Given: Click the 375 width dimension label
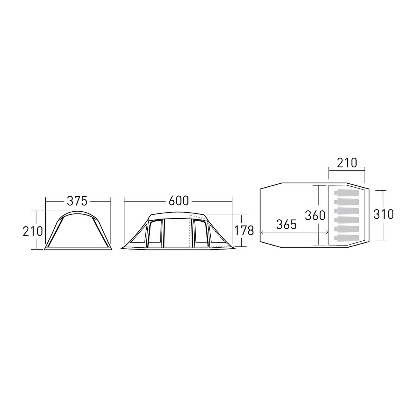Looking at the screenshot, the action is pos(77,201).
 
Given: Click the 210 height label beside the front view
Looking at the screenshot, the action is pos(33,231).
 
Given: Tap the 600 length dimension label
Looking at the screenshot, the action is pos(178,201).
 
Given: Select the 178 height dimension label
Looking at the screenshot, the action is pos(244,231).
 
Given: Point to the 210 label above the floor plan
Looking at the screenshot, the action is pos(347,163).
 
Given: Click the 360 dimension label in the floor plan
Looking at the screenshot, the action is pos(315,215).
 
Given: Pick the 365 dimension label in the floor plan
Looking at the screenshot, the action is pos(286,225).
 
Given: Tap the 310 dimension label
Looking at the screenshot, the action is pos(384,214).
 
